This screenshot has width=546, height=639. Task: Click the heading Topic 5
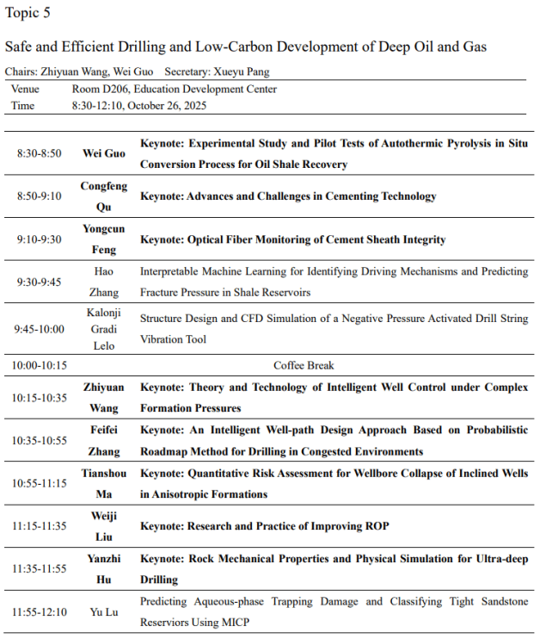point(28,12)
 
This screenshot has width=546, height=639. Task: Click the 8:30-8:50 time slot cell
point(40,153)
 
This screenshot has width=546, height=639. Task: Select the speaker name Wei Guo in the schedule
point(103,153)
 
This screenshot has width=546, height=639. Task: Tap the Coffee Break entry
point(304,365)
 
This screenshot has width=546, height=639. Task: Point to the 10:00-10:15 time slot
point(40,365)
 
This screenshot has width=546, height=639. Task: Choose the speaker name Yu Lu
point(103,611)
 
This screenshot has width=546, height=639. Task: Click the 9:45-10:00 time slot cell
point(40,328)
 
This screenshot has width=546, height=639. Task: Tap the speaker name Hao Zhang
point(103,281)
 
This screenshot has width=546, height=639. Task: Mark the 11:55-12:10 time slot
point(40,611)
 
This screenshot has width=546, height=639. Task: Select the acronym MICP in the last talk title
point(233,622)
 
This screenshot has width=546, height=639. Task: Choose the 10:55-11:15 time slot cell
point(40,483)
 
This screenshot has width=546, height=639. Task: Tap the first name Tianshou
point(103,474)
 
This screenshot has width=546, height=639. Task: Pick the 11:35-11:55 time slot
point(40,568)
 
